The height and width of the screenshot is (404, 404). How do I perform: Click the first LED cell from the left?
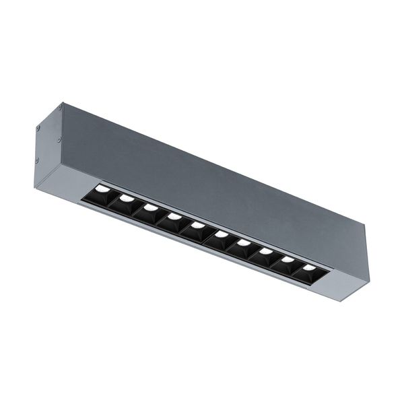pos(101,193)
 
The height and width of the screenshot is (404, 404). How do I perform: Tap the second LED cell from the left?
pos(125,201)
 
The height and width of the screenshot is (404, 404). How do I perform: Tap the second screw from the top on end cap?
pos(38,127)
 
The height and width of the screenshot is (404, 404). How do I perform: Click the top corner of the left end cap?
pos(63,103)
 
